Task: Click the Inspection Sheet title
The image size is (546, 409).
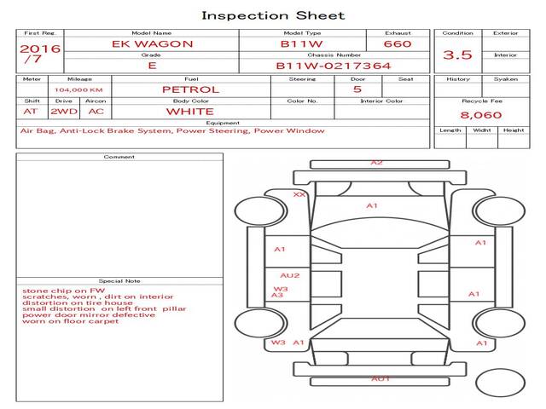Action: click(273, 15)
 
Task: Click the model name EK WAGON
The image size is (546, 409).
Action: click(153, 43)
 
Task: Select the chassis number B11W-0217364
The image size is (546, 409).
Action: click(334, 65)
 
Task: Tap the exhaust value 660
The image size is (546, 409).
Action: click(398, 43)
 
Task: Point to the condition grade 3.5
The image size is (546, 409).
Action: click(457, 55)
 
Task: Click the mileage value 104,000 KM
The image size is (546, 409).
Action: click(78, 89)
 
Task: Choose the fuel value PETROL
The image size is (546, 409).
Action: click(190, 89)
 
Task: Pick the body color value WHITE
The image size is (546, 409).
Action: click(190, 111)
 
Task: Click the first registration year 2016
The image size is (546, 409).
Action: click(39, 49)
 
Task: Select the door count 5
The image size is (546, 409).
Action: click(357, 89)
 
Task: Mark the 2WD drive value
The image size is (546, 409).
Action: click(62, 111)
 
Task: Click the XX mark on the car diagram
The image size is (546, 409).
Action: click(299, 194)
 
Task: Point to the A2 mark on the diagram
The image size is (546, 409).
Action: click(376, 162)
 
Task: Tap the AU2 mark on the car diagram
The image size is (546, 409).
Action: click(289, 275)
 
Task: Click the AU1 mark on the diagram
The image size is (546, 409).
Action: click(380, 377)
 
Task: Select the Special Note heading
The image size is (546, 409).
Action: click(119, 280)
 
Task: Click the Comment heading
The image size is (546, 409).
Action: click(119, 157)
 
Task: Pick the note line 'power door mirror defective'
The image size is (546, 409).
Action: click(89, 314)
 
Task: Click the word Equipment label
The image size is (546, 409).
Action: click(223, 123)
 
